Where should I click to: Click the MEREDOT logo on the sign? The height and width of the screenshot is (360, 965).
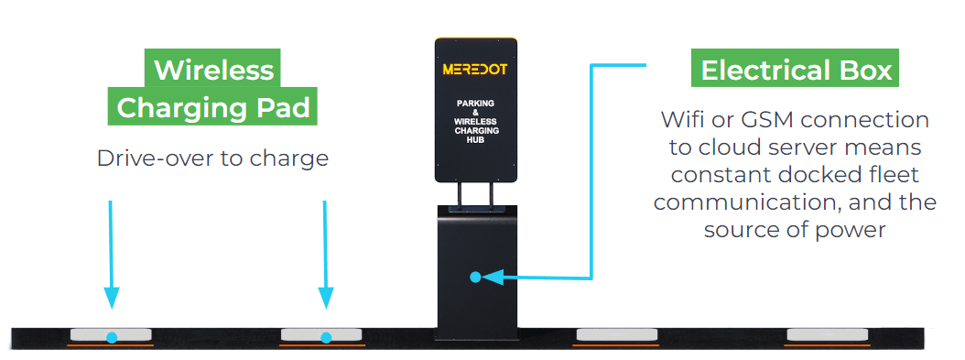click(476, 70)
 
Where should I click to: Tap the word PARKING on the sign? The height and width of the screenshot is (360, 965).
click(476, 104)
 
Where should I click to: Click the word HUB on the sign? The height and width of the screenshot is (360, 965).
click(476, 140)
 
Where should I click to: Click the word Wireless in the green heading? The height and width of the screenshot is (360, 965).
click(213, 70)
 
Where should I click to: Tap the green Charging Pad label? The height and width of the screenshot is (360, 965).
click(214, 107)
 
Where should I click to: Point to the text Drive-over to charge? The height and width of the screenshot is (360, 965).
click(212, 158)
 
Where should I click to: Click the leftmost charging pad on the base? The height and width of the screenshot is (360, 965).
click(111, 335)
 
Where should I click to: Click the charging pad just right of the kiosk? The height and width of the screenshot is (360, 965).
click(615, 335)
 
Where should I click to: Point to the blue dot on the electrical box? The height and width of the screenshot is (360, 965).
click(475, 276)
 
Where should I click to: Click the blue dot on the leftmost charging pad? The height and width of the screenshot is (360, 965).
click(111, 337)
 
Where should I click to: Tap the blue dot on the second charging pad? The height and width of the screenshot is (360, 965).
click(325, 337)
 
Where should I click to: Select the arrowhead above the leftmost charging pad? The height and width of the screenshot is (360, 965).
click(111, 298)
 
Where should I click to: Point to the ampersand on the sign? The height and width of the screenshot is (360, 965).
click(476, 113)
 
